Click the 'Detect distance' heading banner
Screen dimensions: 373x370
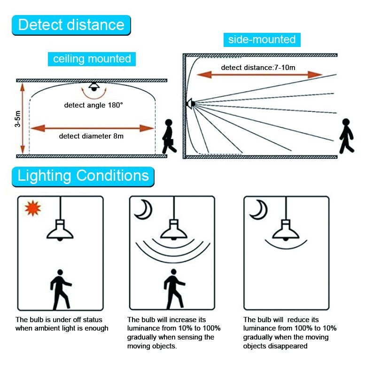pyautogui.click(x=71, y=25)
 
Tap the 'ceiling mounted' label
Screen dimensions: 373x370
pyautogui.click(x=92, y=59)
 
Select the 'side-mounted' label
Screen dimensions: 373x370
pyautogui.click(x=262, y=40)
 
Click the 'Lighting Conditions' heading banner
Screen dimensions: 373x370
pyautogui.click(x=83, y=176)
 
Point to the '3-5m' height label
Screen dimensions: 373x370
pyautogui.click(x=17, y=119)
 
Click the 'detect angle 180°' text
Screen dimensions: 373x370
pyautogui.click(x=93, y=105)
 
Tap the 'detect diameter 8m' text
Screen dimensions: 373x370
pyautogui.click(x=91, y=136)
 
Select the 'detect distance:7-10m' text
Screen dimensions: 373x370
pyautogui.click(x=258, y=68)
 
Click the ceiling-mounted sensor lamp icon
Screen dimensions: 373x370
pyautogui.click(x=94, y=86)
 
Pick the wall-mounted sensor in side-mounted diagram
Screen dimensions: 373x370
pyautogui.click(x=191, y=104)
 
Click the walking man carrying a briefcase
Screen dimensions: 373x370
pyautogui.click(x=169, y=136)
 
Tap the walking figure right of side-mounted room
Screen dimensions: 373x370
pyautogui.click(x=346, y=136)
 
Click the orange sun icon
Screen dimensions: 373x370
pyautogui.click(x=33, y=208)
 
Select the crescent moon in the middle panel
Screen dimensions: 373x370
pyautogui.click(x=143, y=209)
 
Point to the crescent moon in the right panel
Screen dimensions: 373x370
pyautogui.click(x=258, y=209)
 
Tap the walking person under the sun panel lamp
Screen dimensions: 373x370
pyautogui.click(x=61, y=289)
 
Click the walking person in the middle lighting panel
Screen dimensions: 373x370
pyautogui.click(x=174, y=289)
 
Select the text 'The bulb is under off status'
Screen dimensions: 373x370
pyautogui.click(x=59, y=320)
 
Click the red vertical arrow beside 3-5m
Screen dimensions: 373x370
pyautogui.click(x=23, y=118)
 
